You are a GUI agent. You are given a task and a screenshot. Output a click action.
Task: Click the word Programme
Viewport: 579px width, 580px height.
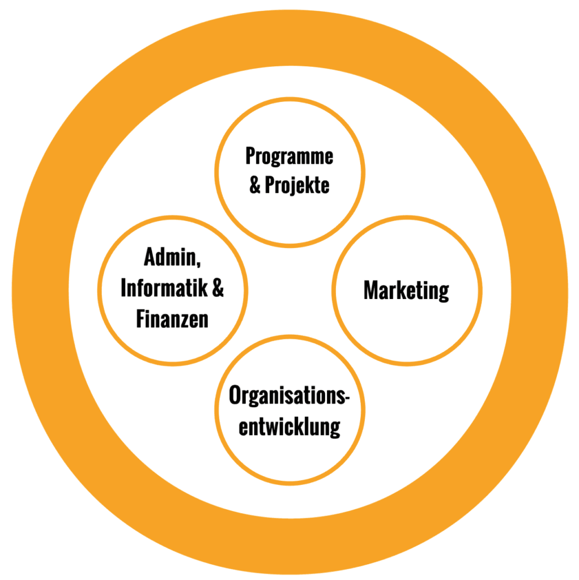289,157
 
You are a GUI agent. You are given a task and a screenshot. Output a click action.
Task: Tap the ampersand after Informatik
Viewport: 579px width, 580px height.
218,288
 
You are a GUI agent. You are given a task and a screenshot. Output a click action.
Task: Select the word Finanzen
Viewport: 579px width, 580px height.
172,319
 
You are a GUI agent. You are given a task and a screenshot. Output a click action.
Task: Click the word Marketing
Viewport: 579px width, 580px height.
406,291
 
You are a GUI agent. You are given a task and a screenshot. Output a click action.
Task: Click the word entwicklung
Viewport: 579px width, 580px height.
289,427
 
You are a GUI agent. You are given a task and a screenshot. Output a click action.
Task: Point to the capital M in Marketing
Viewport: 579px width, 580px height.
370,291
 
